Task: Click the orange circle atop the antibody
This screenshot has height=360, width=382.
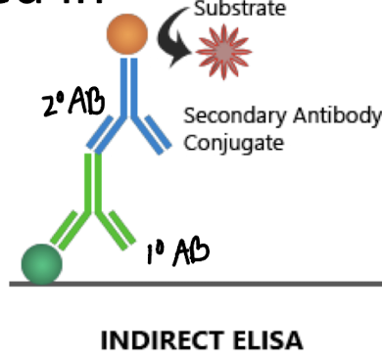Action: (x=127, y=34)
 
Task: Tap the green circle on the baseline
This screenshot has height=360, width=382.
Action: (x=42, y=263)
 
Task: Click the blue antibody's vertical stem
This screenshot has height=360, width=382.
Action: (x=127, y=88)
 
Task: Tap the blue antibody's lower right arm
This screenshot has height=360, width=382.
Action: (x=152, y=134)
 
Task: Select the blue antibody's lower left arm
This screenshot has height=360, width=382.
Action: (x=104, y=135)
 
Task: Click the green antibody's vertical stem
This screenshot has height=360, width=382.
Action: (x=95, y=186)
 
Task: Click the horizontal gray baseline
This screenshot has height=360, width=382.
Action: (x=245, y=284)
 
